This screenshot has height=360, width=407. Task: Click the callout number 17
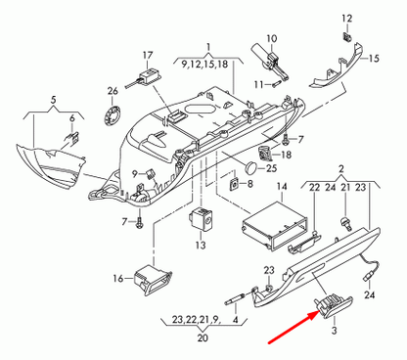tap(148, 54)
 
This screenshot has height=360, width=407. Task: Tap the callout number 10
tap(272, 39)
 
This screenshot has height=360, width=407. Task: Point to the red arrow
tap(292, 328)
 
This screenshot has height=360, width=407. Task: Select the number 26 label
tap(113, 91)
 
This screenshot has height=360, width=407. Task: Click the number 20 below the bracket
tap(203, 338)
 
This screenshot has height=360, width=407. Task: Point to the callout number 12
tap(346, 20)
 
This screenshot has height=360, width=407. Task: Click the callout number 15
tap(372, 59)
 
